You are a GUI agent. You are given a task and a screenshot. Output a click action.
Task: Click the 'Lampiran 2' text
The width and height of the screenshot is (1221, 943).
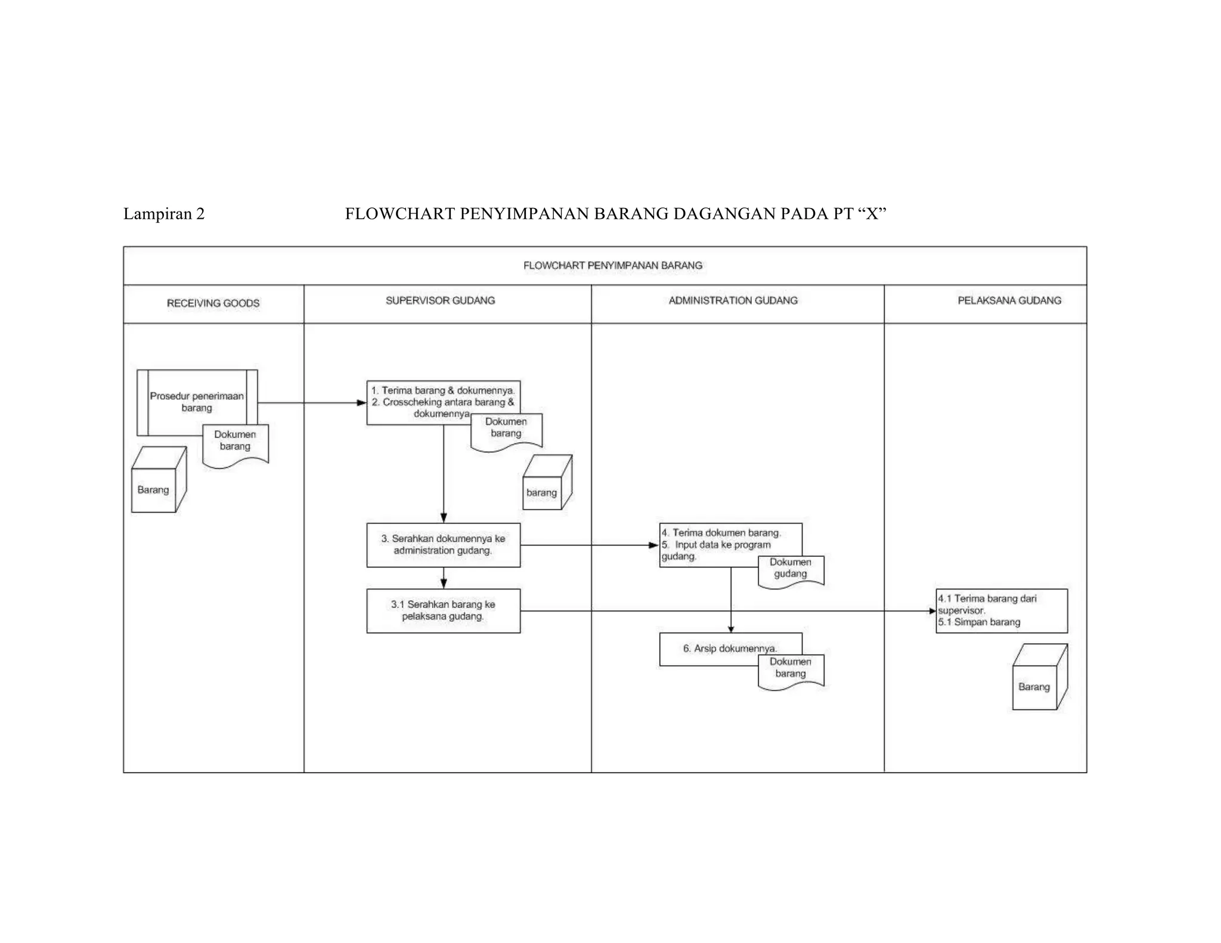[x=163, y=214]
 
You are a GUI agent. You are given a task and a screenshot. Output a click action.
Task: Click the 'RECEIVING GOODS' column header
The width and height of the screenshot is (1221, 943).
[x=213, y=303]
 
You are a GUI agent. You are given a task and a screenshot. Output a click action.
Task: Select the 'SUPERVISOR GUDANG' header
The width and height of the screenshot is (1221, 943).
[x=440, y=300]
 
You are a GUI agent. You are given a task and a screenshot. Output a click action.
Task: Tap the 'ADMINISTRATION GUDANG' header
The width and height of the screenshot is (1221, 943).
[x=733, y=300]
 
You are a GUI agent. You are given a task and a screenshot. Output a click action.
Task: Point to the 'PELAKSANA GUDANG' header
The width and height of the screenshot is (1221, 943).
[x=1009, y=300]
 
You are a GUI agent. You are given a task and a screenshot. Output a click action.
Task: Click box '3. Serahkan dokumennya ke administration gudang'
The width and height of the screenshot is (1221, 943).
[x=443, y=545]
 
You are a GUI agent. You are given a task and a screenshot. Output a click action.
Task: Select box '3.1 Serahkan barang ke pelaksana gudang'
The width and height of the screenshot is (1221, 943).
[x=443, y=610]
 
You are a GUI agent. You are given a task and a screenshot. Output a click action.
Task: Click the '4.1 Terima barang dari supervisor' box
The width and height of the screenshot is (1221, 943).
[x=1002, y=610]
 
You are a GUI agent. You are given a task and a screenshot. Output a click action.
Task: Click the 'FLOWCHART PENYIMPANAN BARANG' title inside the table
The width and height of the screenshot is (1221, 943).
[x=612, y=265]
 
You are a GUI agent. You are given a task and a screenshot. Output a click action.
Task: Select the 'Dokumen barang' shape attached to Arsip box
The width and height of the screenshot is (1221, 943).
[x=791, y=670]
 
